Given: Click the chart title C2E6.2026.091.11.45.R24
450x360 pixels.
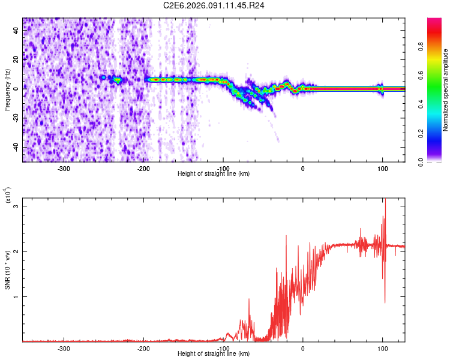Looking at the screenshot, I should [214, 5].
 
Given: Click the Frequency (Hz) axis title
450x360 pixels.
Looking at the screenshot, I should [7, 90].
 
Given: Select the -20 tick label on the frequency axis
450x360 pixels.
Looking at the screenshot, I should [16, 118].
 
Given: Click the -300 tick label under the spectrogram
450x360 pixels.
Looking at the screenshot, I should [64, 168].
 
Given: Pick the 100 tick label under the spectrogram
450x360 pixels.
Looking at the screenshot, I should [382, 168].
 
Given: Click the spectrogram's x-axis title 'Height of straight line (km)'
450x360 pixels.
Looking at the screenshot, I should [214, 174].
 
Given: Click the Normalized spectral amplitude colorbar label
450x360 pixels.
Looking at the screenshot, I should [445, 90].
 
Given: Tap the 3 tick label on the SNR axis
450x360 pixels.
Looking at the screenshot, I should [17, 206].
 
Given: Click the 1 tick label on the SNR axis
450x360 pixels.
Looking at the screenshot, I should [17, 297].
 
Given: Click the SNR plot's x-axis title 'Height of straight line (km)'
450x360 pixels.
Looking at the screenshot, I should [214, 354].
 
